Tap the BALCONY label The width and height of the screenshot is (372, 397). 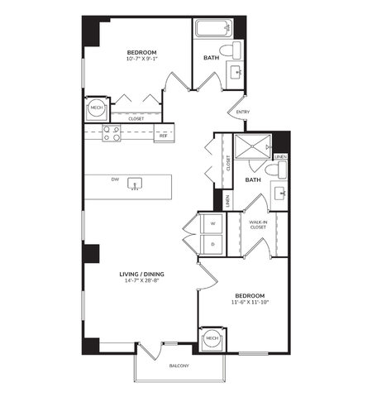179,365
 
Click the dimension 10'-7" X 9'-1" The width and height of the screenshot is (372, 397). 142,59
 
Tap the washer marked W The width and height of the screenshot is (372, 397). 212,223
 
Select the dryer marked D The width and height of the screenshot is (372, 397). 212,245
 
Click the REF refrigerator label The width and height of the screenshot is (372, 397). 163,136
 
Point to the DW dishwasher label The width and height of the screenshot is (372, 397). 116,178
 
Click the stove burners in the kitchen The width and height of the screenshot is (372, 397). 111,133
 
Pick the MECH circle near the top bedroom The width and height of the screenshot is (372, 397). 95,108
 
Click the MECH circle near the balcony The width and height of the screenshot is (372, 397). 211,337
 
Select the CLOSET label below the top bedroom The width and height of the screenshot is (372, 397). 136,118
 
